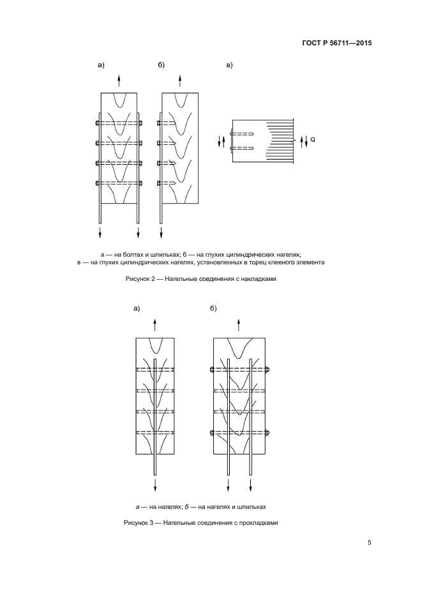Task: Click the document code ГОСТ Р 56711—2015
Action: (x=336, y=44)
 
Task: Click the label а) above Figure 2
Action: (x=100, y=65)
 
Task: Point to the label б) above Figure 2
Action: (x=162, y=65)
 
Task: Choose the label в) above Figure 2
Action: (x=230, y=65)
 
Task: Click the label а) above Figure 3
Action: (x=136, y=309)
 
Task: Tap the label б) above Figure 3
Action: (x=213, y=309)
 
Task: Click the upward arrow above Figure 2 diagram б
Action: (x=180, y=80)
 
